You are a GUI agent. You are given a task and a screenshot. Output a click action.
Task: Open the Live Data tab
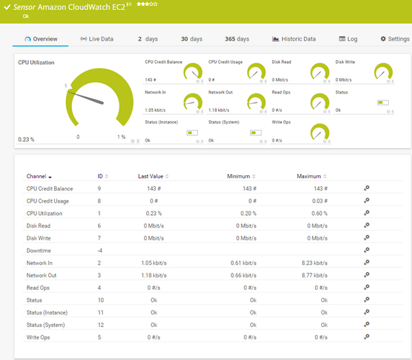(97, 39)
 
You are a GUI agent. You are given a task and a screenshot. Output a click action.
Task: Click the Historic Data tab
(294, 39)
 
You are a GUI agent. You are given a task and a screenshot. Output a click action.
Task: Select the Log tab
(348, 39)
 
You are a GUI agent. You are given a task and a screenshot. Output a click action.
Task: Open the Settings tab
(395, 39)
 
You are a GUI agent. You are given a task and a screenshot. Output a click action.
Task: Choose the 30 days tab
(192, 39)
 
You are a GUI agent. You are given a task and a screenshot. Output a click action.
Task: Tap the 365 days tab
(237, 39)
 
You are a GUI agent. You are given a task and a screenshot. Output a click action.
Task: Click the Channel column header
(36, 177)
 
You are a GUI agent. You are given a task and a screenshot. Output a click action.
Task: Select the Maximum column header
(309, 177)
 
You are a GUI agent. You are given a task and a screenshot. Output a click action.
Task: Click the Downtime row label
(38, 251)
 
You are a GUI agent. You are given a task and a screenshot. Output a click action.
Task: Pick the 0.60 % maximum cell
(317, 214)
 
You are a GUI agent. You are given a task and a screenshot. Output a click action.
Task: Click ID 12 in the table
(100, 325)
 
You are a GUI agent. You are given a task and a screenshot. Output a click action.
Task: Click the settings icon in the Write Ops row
(367, 337)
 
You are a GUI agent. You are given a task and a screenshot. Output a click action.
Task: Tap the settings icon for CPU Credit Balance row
(367, 188)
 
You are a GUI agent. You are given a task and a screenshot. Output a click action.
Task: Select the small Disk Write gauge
(383, 72)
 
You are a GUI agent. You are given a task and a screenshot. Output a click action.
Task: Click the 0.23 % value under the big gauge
(26, 139)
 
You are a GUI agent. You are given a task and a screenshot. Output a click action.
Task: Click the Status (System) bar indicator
(255, 133)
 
